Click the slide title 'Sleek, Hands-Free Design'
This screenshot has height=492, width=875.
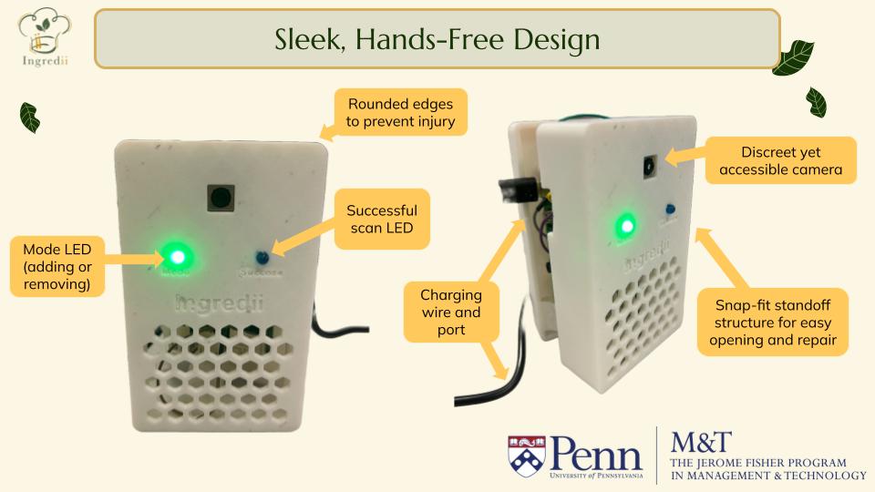[x=437, y=39]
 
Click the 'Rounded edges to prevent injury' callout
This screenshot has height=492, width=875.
[x=400, y=112]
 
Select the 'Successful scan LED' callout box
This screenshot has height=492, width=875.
[x=382, y=220]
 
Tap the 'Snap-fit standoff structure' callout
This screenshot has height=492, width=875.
[x=773, y=323]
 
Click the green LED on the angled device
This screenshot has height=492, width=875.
[x=625, y=224]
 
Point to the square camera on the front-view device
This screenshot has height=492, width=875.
[x=220, y=197]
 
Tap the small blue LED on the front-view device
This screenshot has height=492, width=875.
[x=261, y=257]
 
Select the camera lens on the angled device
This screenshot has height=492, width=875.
[x=648, y=166]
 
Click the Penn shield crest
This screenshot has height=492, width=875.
[x=527, y=455]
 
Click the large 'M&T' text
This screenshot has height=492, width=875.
[x=701, y=442]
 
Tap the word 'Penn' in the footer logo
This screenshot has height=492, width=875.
[x=597, y=450]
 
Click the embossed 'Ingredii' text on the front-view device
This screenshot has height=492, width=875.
[x=218, y=303]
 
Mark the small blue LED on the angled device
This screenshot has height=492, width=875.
[x=670, y=208]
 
